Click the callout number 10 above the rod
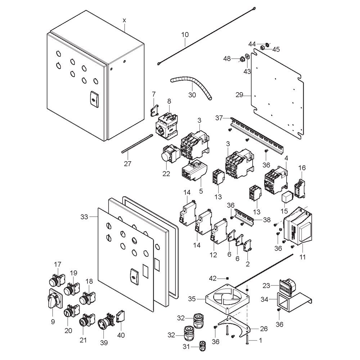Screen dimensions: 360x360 point(185,35)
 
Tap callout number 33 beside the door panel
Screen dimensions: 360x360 point(84,217)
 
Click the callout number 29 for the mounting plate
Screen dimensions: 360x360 point(239,95)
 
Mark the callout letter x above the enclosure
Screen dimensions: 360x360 point(124,21)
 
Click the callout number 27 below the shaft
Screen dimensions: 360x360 point(128,164)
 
